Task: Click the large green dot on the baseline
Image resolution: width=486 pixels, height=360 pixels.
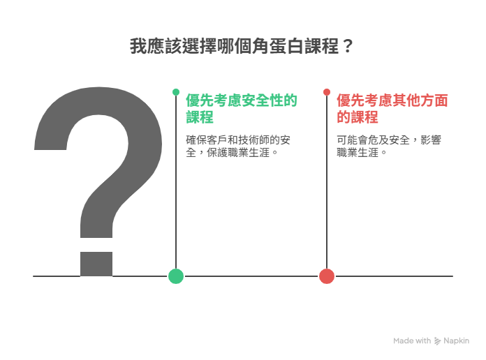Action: (176, 276)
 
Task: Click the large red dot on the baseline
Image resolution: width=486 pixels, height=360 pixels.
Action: (327, 276)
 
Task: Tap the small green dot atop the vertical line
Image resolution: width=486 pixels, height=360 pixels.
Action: (176, 92)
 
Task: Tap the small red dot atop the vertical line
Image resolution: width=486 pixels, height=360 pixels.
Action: (327, 92)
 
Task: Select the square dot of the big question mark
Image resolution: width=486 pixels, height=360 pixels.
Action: (96, 264)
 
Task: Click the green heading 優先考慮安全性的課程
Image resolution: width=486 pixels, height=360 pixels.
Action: (242, 109)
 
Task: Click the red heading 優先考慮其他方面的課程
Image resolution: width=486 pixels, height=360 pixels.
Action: (392, 109)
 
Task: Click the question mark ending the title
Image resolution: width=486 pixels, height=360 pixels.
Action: (348, 46)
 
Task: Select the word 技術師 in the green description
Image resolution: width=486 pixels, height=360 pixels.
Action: (254, 140)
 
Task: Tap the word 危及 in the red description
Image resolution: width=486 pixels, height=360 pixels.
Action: (383, 140)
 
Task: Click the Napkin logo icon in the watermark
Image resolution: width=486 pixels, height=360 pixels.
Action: (437, 341)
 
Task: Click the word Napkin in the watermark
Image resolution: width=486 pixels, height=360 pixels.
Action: (456, 340)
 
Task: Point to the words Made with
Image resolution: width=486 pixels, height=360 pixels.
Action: (412, 340)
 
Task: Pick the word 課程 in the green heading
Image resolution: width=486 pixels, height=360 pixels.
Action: (200, 117)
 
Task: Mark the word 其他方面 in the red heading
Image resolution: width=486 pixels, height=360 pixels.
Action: (420, 100)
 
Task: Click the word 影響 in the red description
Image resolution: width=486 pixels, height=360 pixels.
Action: (431, 140)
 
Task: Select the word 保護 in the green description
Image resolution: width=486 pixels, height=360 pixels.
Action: (217, 152)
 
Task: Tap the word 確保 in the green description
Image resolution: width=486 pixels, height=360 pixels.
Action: (196, 140)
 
